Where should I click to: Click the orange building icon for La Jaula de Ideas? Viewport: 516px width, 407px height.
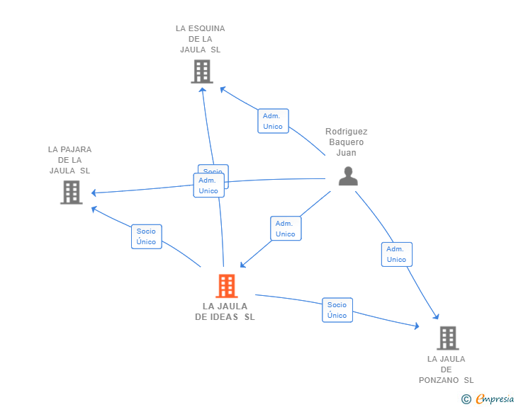[226, 286]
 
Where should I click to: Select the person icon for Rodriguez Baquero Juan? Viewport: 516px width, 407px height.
[348, 176]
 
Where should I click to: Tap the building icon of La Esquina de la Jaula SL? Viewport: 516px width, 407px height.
[202, 71]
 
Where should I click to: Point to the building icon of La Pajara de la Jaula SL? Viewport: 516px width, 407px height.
[71, 192]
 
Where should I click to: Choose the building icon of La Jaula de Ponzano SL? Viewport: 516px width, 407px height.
[447, 338]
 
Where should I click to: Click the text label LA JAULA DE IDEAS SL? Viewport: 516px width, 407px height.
[225, 311]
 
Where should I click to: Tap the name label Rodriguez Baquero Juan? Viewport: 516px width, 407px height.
[347, 142]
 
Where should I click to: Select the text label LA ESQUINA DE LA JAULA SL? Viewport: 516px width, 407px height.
[201, 39]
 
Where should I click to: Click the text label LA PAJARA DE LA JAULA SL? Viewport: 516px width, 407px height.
[70, 160]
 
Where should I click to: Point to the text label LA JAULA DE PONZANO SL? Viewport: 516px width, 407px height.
[447, 369]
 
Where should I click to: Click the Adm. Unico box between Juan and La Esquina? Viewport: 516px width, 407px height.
[273, 121]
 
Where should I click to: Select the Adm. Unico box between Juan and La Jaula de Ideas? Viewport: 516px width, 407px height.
[286, 229]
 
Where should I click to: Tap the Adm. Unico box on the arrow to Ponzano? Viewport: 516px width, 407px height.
[396, 254]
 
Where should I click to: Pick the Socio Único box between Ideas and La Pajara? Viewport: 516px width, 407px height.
[147, 236]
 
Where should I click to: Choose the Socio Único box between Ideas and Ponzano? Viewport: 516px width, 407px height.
[337, 310]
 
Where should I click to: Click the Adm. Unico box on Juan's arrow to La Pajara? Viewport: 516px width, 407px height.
[208, 185]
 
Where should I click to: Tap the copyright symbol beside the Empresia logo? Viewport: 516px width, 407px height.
[466, 399]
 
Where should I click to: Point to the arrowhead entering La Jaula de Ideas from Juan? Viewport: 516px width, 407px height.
[242, 266]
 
